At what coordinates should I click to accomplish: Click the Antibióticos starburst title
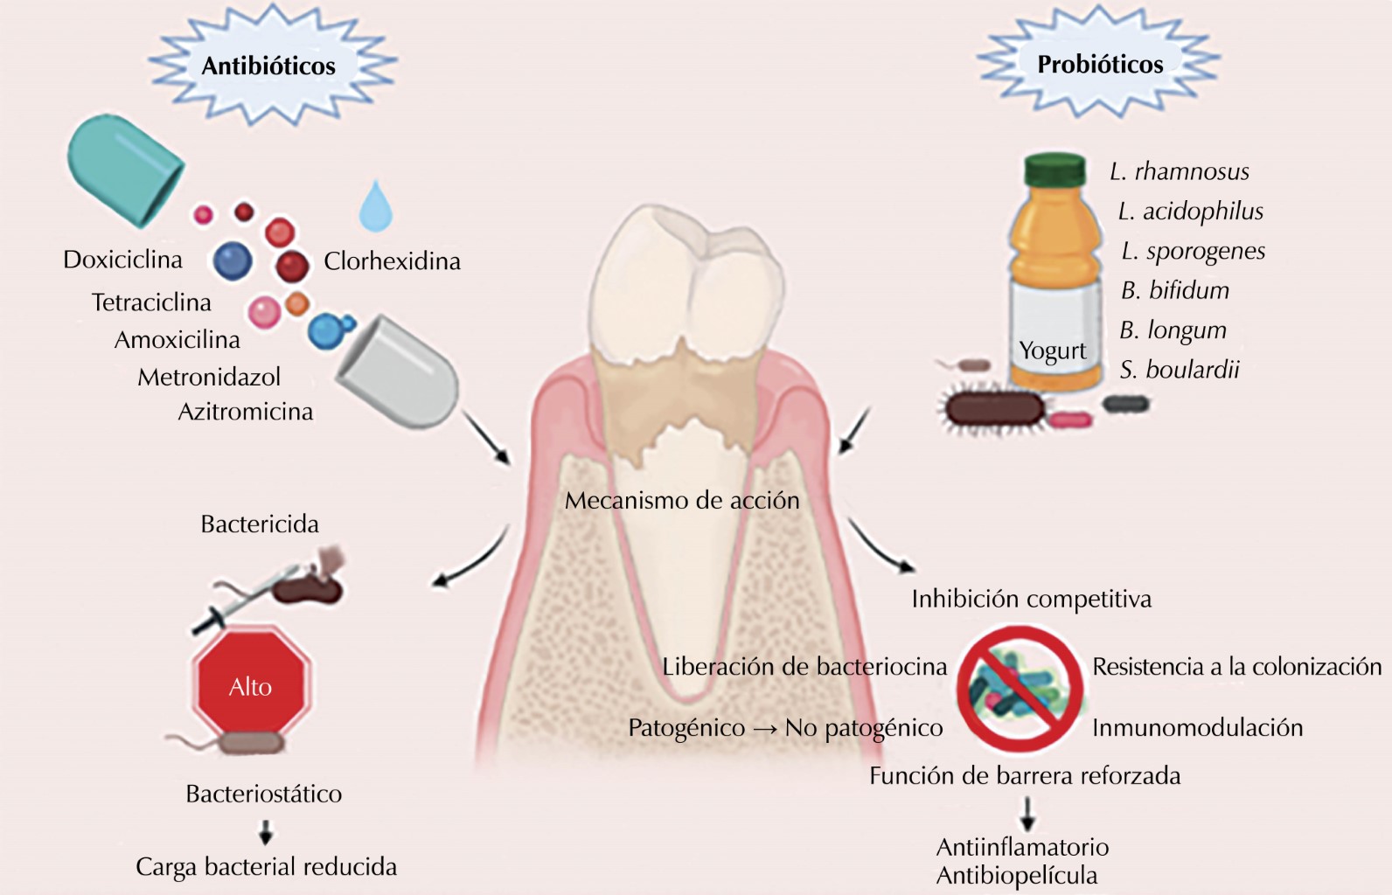268,66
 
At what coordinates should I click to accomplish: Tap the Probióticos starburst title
1100,65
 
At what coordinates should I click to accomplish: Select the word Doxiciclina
122,260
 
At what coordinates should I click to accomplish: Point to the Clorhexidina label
392,261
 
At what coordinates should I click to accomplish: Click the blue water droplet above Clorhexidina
376,208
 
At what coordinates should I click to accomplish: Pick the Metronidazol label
209,378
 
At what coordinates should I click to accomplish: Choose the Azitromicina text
246,412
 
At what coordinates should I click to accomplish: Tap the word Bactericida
260,524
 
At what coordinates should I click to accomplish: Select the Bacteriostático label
264,794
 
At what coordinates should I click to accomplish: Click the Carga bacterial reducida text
266,867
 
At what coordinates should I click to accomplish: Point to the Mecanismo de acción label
682,501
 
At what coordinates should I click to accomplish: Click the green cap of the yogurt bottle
1054,170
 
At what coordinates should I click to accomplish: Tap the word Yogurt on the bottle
1052,350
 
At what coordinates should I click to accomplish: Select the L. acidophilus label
1191,212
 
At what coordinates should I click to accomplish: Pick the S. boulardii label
1180,370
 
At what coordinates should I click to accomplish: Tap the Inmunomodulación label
1197,728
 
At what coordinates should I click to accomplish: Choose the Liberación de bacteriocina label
804,667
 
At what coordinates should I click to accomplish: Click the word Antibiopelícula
1017,876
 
